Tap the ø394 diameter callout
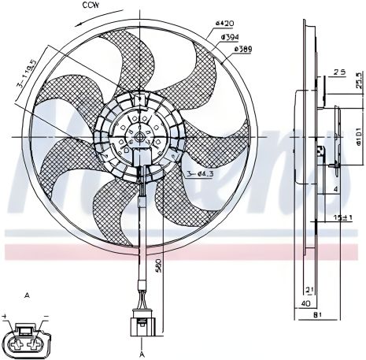(230, 36)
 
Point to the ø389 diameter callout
(243, 48)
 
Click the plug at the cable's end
(142, 325)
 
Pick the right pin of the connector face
(35, 342)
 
